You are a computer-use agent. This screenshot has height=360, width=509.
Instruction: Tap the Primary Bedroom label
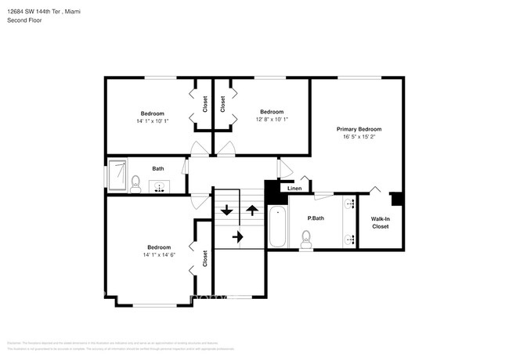359,128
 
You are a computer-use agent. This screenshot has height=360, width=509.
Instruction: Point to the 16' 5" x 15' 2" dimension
359,137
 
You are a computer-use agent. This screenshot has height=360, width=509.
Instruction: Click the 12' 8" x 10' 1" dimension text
272,120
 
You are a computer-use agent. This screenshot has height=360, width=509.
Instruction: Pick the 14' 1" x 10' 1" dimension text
152,121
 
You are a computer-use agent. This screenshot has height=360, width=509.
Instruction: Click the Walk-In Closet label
380,223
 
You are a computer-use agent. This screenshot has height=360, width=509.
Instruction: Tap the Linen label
294,189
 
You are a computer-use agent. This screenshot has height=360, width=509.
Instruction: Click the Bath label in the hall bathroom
158,168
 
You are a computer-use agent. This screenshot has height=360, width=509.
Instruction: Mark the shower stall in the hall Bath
118,173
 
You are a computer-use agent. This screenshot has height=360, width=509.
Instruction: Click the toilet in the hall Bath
135,184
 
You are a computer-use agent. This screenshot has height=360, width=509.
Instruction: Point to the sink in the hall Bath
159,186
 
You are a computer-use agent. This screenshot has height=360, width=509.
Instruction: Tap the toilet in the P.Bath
306,239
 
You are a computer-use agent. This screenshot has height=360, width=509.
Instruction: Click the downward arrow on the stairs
227,210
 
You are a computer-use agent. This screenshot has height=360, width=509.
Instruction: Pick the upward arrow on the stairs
252,209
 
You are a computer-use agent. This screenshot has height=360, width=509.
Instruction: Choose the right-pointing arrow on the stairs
238,236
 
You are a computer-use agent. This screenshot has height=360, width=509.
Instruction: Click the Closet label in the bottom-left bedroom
205,259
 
